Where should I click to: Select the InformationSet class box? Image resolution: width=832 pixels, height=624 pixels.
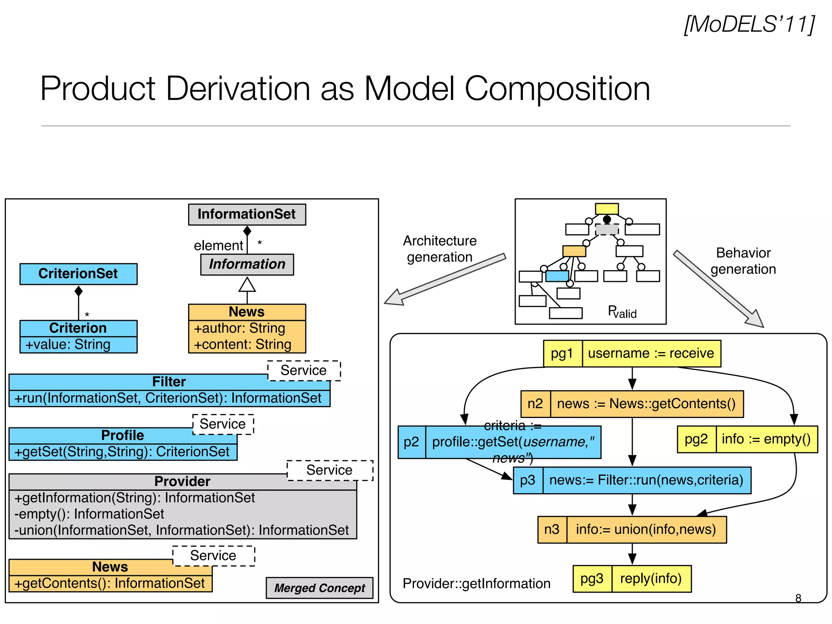coord(247,214)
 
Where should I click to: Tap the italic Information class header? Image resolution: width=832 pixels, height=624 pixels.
coord(247,264)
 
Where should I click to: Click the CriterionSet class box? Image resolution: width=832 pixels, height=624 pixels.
coord(78,273)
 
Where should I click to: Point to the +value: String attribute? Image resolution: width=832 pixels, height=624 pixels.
coord(68,344)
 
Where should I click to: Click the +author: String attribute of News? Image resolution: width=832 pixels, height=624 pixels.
coord(239,328)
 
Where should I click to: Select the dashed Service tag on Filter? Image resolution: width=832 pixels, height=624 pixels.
coord(303,370)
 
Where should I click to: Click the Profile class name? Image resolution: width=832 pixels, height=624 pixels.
coord(122,435)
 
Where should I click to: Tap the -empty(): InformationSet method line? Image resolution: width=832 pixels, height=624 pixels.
coord(89,514)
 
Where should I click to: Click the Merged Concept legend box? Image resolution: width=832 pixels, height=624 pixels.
coord(319,588)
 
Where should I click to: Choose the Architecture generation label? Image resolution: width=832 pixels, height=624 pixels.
coord(440,249)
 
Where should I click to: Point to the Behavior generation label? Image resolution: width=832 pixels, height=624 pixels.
coord(743,261)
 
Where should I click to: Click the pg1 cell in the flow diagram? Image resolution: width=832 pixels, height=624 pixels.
coord(562,353)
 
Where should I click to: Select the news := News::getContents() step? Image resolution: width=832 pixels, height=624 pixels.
coord(646,404)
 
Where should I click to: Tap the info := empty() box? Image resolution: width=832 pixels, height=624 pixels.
coord(766,439)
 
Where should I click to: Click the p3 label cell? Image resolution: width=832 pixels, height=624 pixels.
coord(528,480)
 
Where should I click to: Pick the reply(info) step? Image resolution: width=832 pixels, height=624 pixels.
coord(651,578)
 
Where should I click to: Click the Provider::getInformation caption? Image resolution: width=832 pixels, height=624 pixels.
coord(476,583)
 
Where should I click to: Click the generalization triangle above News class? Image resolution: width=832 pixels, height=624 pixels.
coord(247,285)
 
